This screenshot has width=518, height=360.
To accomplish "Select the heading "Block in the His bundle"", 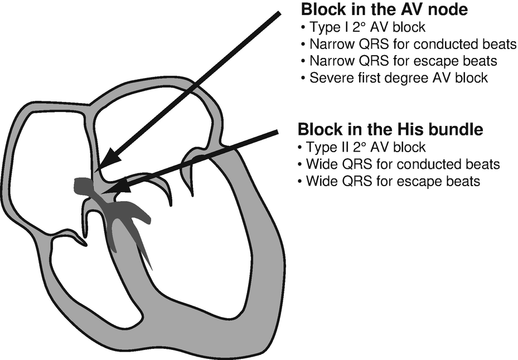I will click(x=390, y=130).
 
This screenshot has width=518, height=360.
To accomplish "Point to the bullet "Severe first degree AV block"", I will click(x=398, y=78).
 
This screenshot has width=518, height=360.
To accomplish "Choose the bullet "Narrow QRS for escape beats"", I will click(x=403, y=61).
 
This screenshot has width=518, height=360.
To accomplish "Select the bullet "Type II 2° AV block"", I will click(x=365, y=148).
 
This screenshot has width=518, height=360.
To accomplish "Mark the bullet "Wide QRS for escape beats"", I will click(x=393, y=181).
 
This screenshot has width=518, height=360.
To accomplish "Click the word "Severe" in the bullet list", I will click(x=327, y=78).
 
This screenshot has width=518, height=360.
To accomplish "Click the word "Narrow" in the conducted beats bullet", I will click(x=327, y=45).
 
